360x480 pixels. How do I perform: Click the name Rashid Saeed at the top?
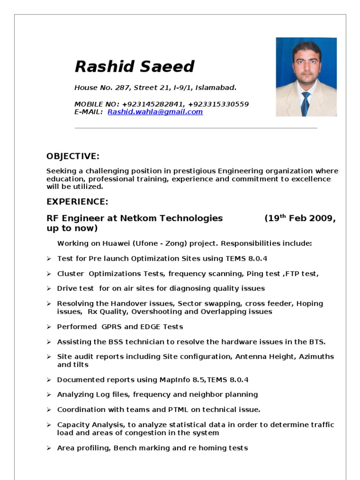pyautogui.click(x=135, y=67)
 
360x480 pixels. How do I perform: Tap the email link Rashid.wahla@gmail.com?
pyautogui.click(x=155, y=112)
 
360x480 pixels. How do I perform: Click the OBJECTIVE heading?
pyautogui.click(x=73, y=156)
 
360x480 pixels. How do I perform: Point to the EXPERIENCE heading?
pyautogui.click(x=77, y=202)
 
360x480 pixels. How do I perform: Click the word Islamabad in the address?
pyautogui.click(x=216, y=87)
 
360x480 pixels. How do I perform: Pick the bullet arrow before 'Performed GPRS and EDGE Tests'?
pyautogui.click(x=49, y=327)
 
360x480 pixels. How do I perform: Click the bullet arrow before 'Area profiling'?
pyautogui.click(x=49, y=448)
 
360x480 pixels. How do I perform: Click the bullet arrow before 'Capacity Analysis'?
pyautogui.click(x=49, y=425)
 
